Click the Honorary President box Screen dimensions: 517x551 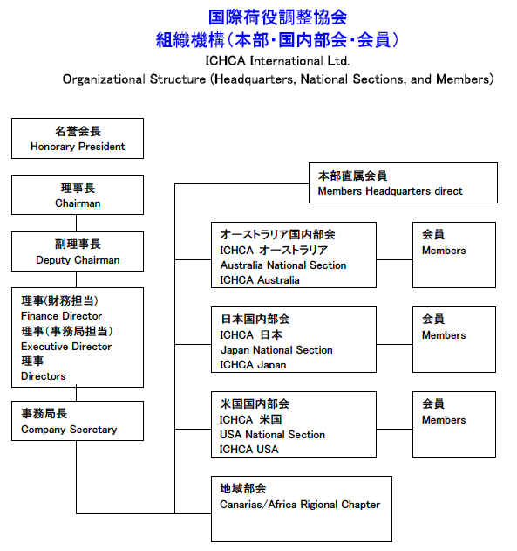[78, 139]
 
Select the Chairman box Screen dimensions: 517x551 [78, 195]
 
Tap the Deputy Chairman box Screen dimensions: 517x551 [78, 251]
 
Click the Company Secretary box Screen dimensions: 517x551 [78, 421]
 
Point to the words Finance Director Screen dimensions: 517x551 [61, 316]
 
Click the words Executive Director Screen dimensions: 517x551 [66, 347]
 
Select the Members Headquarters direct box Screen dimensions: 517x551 [403, 183]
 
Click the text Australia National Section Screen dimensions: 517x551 [283, 265]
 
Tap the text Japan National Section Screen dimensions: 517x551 [276, 350]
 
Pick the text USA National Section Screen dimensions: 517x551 [273, 435]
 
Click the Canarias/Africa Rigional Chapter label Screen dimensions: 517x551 [300, 505]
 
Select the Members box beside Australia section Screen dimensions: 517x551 [454, 255]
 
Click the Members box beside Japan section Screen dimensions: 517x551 [454, 340]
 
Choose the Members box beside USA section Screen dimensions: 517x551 [454, 424]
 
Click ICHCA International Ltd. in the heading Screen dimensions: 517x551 [277, 61]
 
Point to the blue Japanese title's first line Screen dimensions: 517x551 [277, 17]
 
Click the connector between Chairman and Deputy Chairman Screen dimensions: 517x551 [77, 224]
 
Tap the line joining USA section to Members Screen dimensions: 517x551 [395, 429]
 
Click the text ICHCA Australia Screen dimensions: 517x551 [260, 280]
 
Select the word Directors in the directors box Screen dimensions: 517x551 [43, 376]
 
